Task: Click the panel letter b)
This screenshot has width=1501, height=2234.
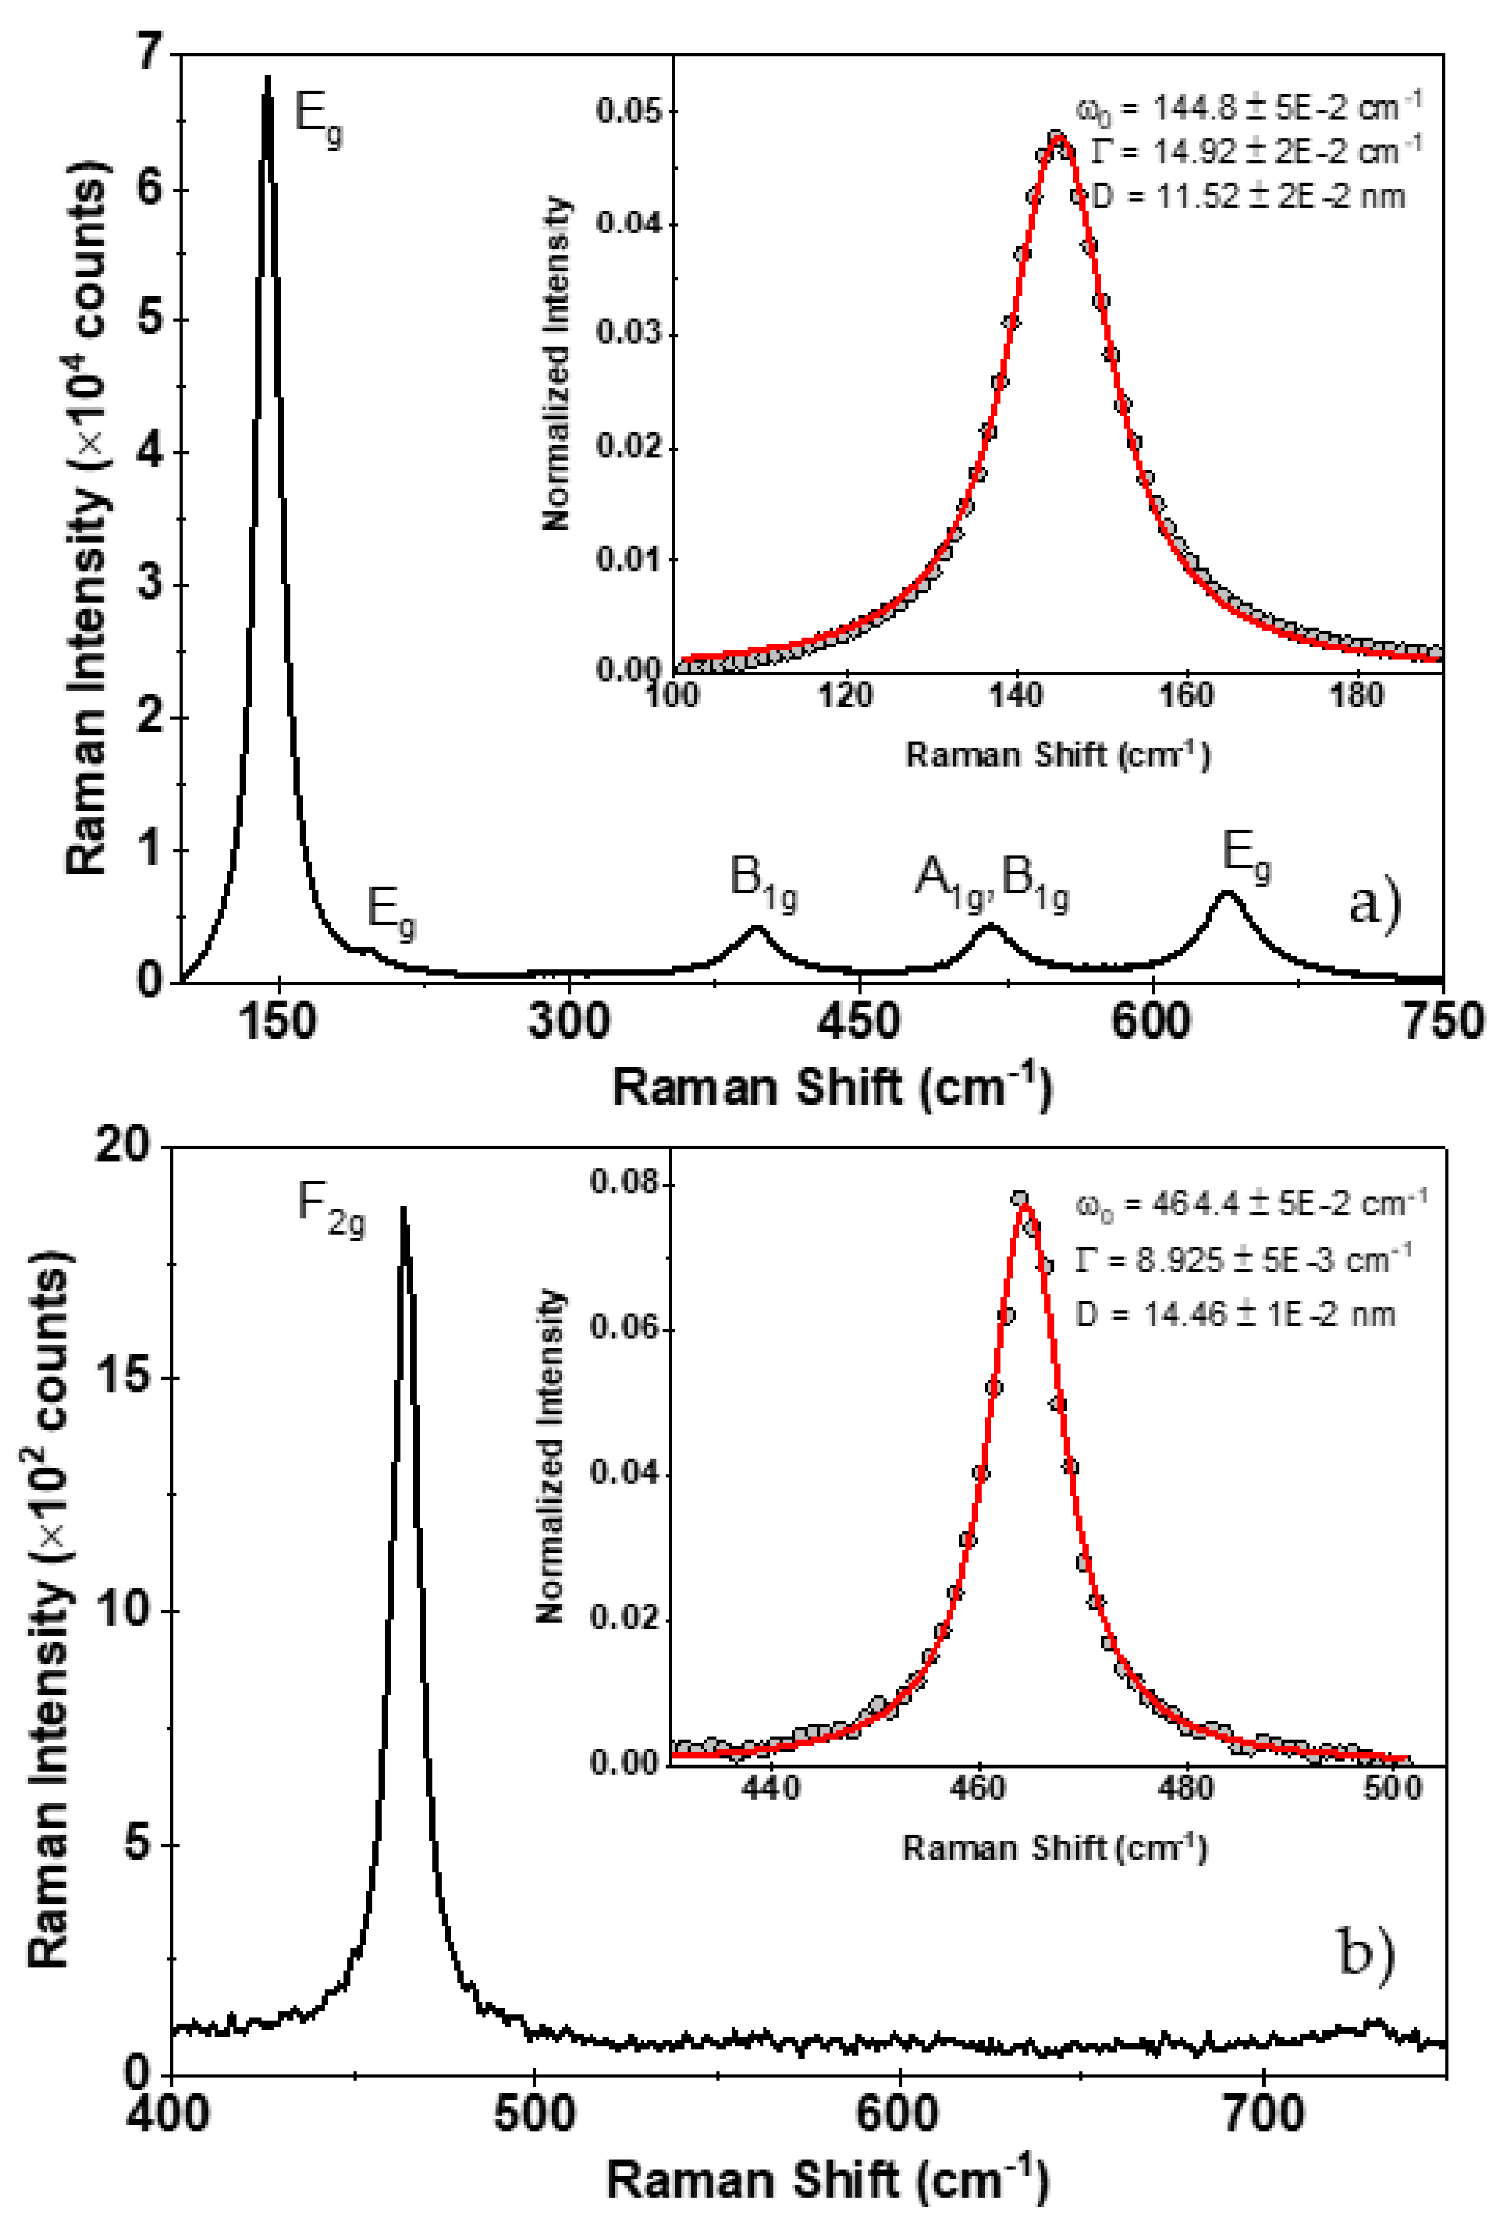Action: [x=1366, y=1952]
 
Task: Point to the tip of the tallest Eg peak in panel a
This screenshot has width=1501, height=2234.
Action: [x=267, y=78]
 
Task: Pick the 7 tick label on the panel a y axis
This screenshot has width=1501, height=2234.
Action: [x=150, y=52]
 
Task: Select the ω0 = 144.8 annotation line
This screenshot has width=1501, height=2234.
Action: [x=1249, y=106]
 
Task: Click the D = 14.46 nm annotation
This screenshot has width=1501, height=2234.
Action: [x=1235, y=1314]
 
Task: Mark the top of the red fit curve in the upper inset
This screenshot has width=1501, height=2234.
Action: [x=1058, y=137]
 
